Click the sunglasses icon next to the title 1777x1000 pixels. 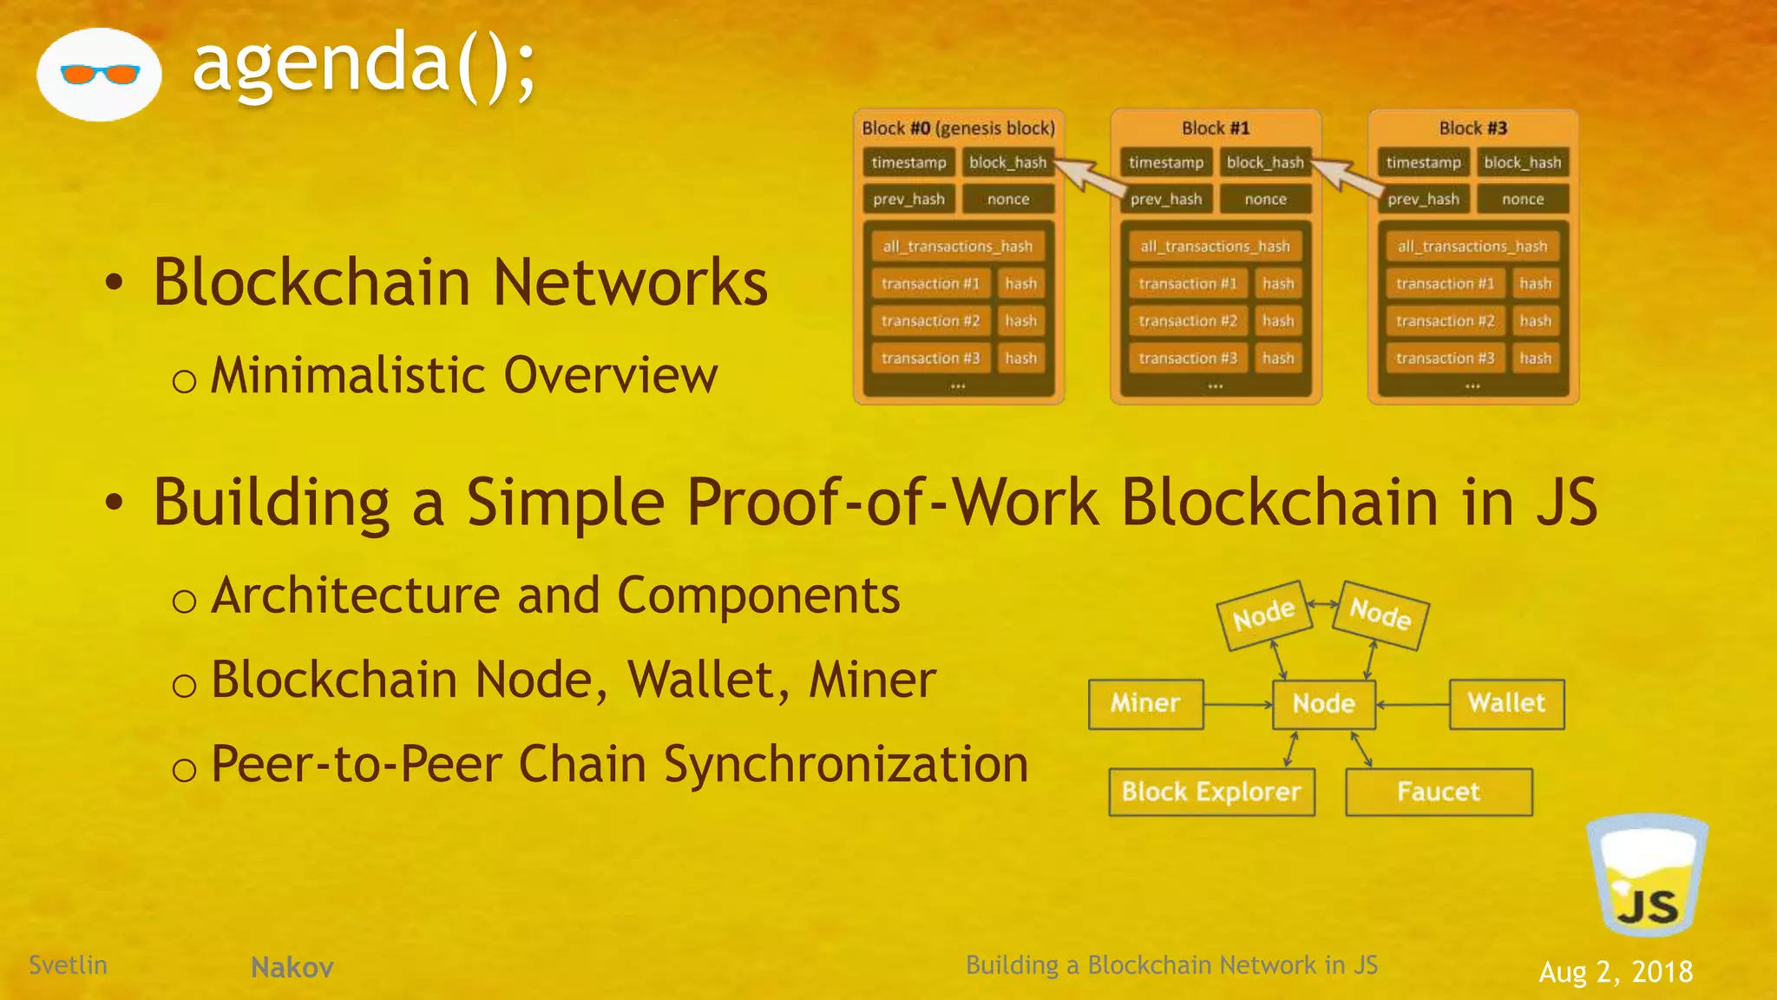(x=100, y=75)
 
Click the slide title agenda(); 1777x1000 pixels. (x=364, y=63)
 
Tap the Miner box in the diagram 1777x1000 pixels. (x=1145, y=703)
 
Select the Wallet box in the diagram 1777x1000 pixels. (x=1506, y=703)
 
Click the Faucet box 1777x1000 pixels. (x=1439, y=792)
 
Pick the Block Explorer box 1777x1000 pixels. (x=1211, y=792)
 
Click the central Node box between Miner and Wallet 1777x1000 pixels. (x=1323, y=703)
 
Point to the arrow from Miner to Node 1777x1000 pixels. (x=1237, y=704)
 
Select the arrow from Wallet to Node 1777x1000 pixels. (x=1413, y=704)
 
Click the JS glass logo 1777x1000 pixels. (x=1647, y=877)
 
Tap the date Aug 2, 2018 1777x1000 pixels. (x=1616, y=971)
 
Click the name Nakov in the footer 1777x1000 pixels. (x=292, y=967)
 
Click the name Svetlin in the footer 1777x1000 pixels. (x=68, y=964)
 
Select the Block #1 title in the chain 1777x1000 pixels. (x=1216, y=128)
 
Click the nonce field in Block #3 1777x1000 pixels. (x=1523, y=199)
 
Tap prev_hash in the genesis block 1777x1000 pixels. (x=908, y=199)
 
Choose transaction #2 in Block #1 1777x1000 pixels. (x=1187, y=321)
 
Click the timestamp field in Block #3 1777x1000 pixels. (x=1423, y=162)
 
